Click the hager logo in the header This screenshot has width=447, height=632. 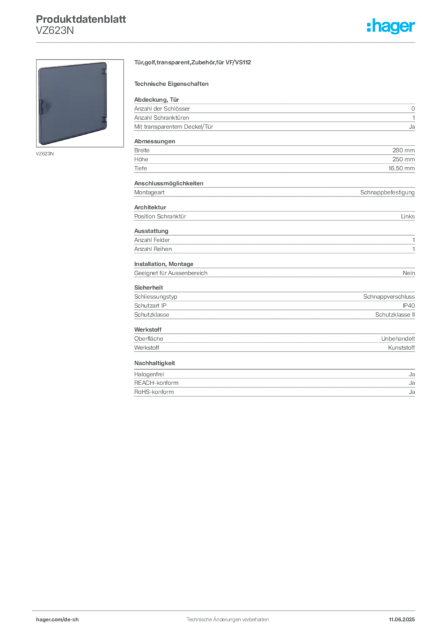[x=390, y=26]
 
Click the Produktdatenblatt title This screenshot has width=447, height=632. [x=81, y=19]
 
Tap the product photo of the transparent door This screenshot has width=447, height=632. [x=80, y=103]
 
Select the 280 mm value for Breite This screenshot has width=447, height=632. [x=403, y=151]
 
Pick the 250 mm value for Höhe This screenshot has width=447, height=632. [x=403, y=159]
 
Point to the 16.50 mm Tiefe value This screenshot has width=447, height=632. [x=401, y=168]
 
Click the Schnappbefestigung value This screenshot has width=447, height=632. [x=387, y=193]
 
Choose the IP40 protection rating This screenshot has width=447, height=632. [x=408, y=306]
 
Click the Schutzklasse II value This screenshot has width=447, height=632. [x=395, y=315]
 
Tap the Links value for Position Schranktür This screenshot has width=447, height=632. [x=407, y=217]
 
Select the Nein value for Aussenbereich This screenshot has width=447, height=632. [x=409, y=273]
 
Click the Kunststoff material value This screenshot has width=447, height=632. [x=401, y=348]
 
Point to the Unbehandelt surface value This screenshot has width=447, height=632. [x=398, y=339]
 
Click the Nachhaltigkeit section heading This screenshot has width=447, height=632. [x=154, y=363]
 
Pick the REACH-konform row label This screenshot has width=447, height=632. [x=156, y=383]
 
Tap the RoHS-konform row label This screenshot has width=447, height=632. [x=154, y=392]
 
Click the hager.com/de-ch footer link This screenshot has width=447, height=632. [x=57, y=620]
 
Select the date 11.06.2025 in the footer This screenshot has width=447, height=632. [x=402, y=620]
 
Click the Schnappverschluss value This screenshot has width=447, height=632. [x=389, y=297]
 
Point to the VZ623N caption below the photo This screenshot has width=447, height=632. [x=44, y=154]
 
